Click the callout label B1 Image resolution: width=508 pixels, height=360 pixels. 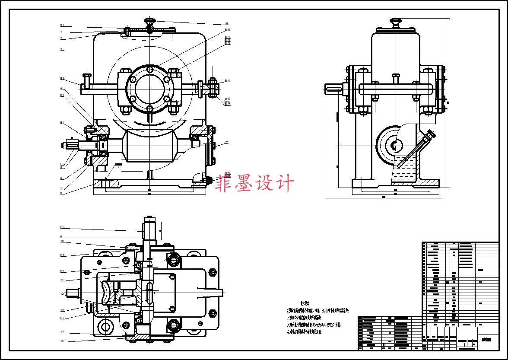(62, 26)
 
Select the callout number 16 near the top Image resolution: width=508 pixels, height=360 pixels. (226, 24)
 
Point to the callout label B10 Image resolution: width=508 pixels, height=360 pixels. (227, 30)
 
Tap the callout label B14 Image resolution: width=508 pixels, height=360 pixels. (227, 81)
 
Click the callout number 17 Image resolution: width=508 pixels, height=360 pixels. (226, 143)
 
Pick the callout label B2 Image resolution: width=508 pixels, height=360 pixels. (62, 79)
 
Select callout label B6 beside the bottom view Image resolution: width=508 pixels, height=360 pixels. (62, 227)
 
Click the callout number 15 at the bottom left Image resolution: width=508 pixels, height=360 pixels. (62, 341)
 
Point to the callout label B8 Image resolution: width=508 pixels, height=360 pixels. (62, 271)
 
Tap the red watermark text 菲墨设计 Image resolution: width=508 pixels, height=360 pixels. (255, 183)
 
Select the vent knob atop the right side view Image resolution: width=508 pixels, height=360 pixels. (395, 20)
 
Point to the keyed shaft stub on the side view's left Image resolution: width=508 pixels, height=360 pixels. (333, 89)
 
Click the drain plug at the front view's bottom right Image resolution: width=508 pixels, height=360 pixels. (206, 180)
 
